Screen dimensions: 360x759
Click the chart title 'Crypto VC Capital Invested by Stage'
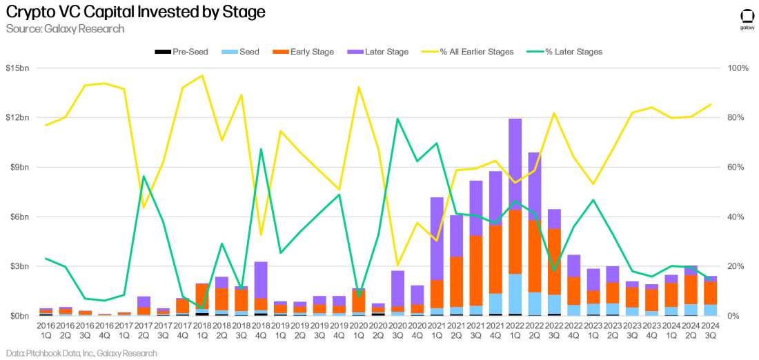click(135, 12)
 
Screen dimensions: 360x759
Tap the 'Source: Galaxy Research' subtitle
click(65, 29)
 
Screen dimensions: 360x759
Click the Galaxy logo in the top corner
click(747, 18)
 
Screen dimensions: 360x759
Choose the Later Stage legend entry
click(378, 52)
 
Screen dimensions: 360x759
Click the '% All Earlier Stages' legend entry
click(470, 52)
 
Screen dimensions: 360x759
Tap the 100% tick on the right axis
click(738, 68)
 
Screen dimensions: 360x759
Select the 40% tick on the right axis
click(736, 217)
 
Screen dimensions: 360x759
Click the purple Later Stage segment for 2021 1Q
click(437, 239)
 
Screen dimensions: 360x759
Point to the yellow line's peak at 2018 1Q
click(202, 76)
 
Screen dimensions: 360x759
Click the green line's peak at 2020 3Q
click(397, 119)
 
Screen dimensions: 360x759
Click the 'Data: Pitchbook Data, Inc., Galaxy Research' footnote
click(79, 353)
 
